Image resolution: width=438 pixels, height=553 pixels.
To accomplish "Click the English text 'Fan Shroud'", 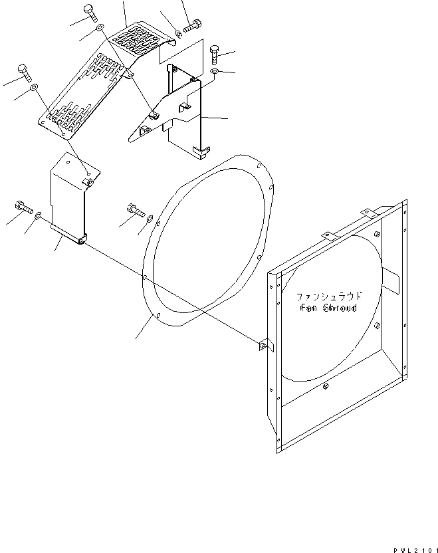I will click(x=328, y=308).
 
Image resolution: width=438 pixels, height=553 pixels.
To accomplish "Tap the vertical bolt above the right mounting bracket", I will click(x=214, y=52).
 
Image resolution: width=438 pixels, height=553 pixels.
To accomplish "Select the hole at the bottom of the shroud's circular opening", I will click(x=325, y=387).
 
